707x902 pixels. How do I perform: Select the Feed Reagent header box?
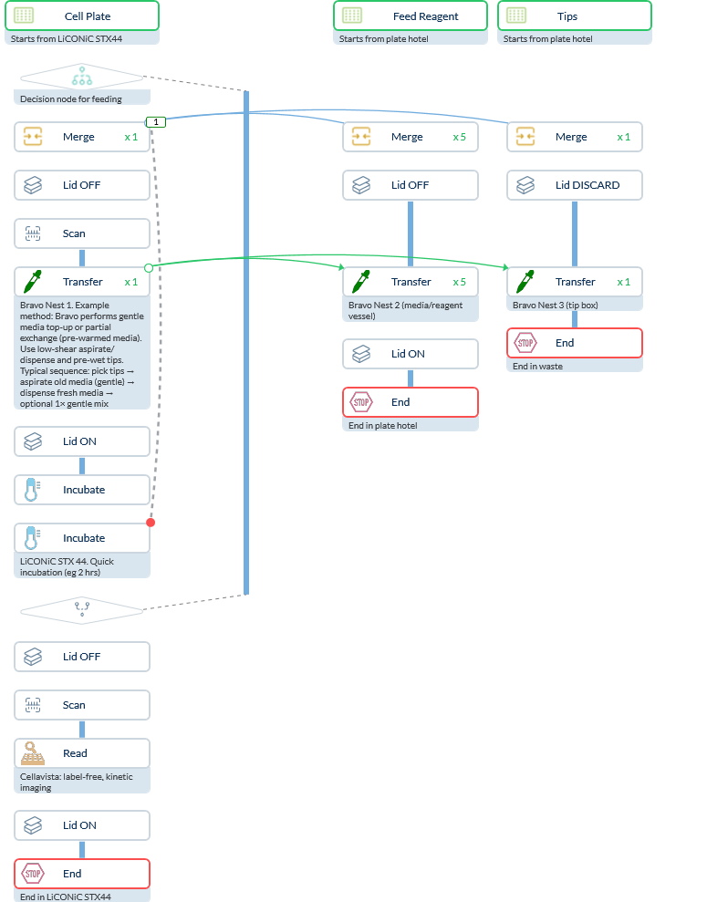pyautogui.click(x=410, y=16)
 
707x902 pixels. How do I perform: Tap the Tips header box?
pyautogui.click(x=574, y=16)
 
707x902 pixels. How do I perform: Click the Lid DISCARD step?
pyautogui.click(x=575, y=185)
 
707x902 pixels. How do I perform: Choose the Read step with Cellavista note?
pyautogui.click(x=82, y=753)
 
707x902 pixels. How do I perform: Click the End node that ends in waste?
pyautogui.click(x=575, y=343)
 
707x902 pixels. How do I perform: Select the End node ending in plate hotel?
pyautogui.click(x=411, y=402)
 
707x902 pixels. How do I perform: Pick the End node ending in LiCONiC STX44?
pyautogui.click(x=82, y=874)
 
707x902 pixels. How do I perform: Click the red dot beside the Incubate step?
pyautogui.click(x=151, y=523)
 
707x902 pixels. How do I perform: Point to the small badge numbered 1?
pyautogui.click(x=156, y=121)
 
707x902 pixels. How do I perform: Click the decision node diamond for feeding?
pyautogui.click(x=82, y=77)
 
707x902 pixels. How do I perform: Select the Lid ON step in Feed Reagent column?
pyautogui.click(x=411, y=354)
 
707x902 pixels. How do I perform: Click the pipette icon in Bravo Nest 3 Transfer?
pyautogui.click(x=525, y=282)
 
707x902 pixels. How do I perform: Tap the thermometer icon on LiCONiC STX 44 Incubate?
pyautogui.click(x=33, y=538)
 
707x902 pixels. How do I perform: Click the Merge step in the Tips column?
pyautogui.click(x=575, y=137)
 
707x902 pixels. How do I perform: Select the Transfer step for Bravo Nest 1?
pyautogui.click(x=82, y=282)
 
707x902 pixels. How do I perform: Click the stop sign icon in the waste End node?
pyautogui.click(x=525, y=343)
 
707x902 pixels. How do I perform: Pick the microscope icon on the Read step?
pyautogui.click(x=33, y=753)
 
